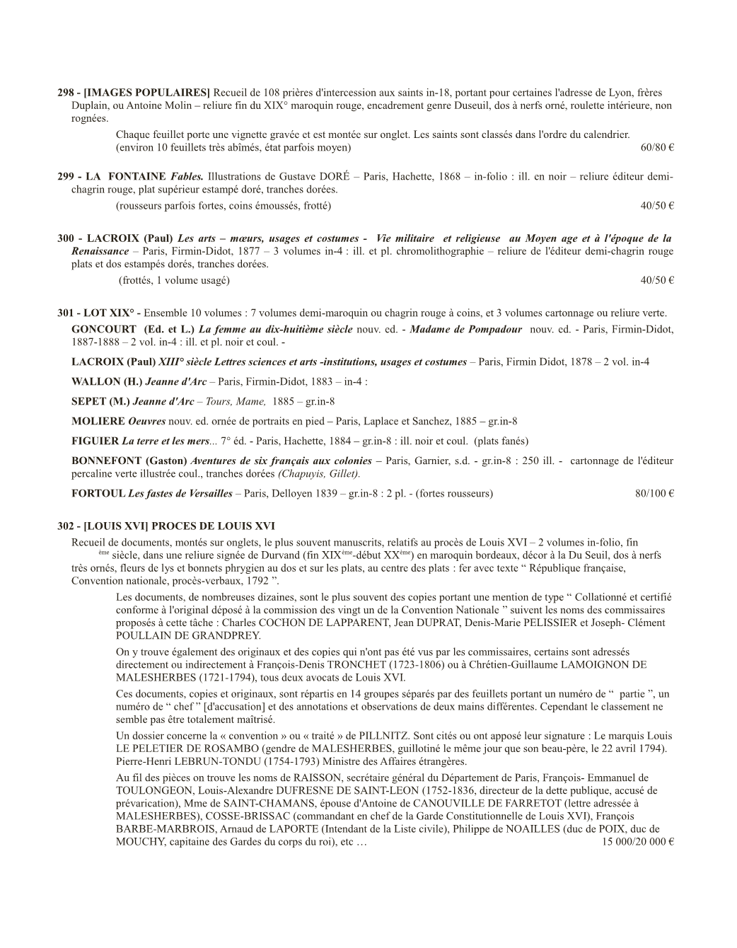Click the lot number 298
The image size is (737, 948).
(65, 93)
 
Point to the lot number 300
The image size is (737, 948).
(66, 238)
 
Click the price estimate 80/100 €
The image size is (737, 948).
(654, 493)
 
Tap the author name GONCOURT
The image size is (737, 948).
(103, 329)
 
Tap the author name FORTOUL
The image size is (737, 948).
(98, 493)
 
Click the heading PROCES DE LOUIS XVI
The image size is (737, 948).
(212, 526)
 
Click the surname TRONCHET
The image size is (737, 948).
(398, 664)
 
